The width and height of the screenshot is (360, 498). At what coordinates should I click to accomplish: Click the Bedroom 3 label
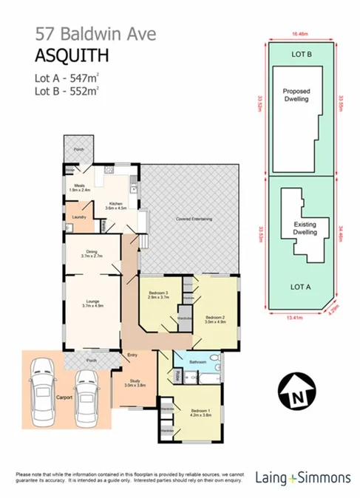[x=158, y=293]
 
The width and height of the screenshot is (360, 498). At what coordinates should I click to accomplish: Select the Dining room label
[x=92, y=251]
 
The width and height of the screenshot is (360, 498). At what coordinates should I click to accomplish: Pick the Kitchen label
[x=118, y=205]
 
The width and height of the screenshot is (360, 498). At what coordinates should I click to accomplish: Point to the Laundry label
[x=79, y=216]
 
